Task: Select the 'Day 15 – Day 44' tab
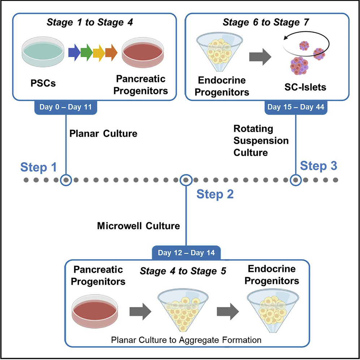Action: (295, 107)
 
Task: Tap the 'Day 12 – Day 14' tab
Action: (186, 252)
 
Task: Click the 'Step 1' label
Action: (38, 168)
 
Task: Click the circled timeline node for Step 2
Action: (185, 180)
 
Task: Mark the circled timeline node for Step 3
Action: (296, 180)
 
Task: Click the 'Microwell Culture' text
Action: (138, 226)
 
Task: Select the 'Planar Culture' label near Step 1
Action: (103, 134)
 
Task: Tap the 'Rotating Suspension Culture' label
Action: (261, 141)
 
